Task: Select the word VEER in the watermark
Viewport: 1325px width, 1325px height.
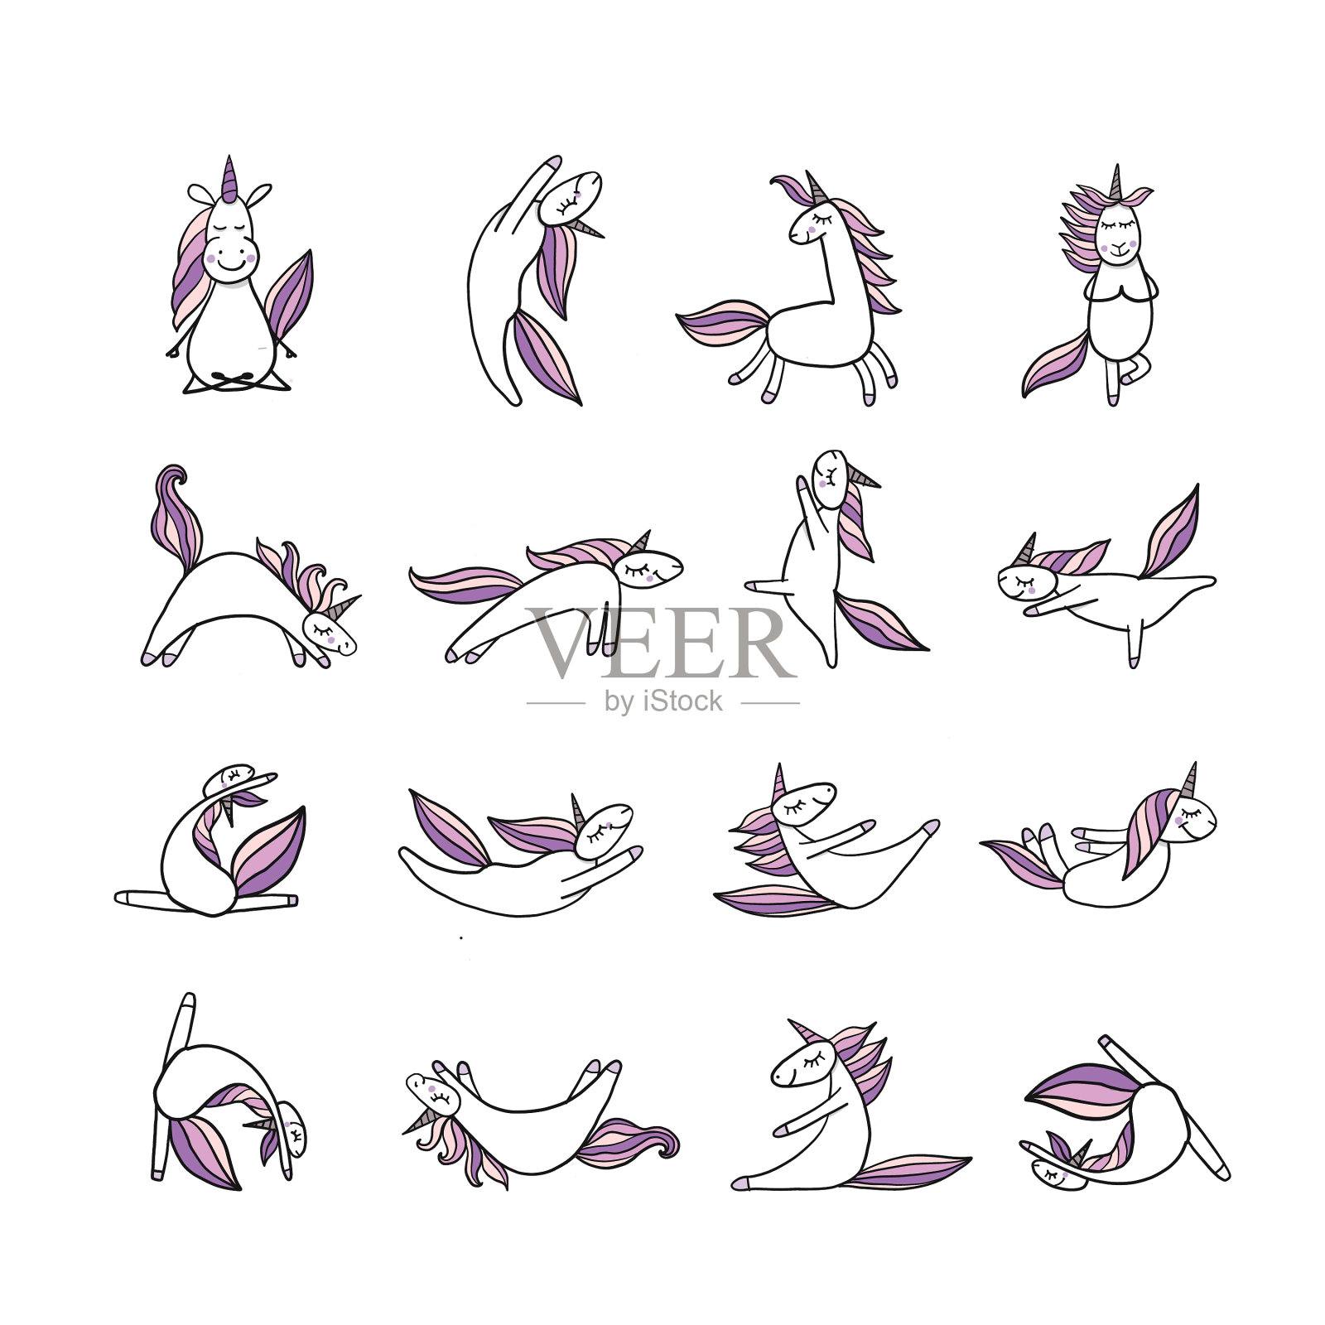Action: pyautogui.click(x=661, y=643)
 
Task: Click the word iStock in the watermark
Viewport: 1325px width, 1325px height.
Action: pyautogui.click(x=680, y=702)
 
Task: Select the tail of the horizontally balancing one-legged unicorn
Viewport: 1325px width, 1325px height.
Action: pyautogui.click(x=1169, y=530)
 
